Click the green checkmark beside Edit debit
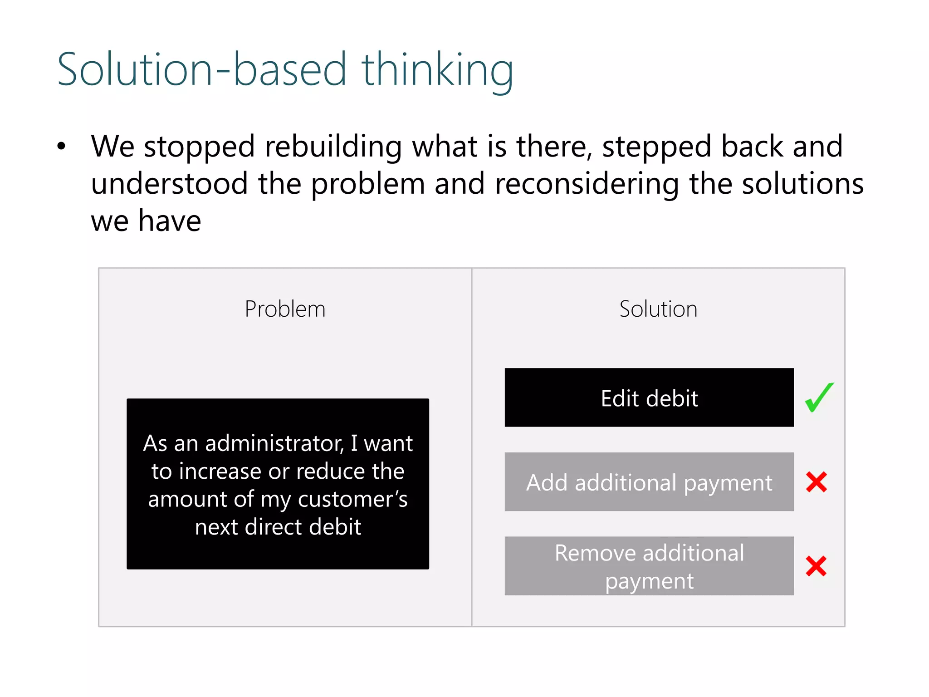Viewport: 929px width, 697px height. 819,398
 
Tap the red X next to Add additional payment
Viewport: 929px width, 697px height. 817,482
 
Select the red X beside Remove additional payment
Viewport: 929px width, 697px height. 816,566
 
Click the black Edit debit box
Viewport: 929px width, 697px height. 649,398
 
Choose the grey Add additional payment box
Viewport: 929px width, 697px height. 649,482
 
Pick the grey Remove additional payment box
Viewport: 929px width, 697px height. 649,566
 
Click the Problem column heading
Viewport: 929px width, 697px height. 285,309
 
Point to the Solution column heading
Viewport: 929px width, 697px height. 658,309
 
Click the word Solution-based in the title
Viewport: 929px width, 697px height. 202,70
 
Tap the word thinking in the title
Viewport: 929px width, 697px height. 437,70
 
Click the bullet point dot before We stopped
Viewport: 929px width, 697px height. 61,146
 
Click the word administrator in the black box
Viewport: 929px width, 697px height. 274,443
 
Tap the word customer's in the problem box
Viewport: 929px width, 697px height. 352,500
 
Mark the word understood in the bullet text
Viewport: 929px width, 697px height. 169,184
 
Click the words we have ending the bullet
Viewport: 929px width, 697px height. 146,221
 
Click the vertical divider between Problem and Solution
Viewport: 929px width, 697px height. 472,447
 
